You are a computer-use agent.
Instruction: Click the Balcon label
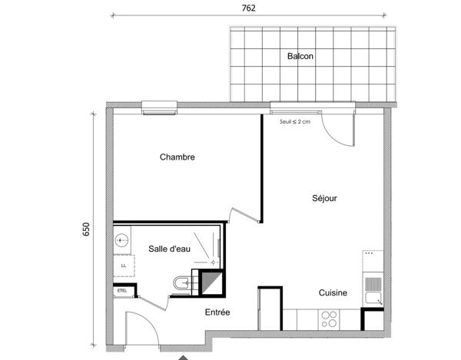coord(300,56)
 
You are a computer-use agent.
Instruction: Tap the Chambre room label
coord(177,157)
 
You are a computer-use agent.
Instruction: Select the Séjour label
coord(324,198)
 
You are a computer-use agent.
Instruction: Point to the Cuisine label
coord(333,292)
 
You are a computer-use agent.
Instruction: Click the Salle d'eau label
coord(169,249)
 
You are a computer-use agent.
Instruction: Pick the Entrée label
coord(217,312)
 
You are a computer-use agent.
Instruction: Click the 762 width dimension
coord(248,8)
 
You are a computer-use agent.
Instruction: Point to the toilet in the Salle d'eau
coord(181,285)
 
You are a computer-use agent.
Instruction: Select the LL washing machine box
coord(123,266)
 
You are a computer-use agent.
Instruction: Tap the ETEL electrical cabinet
coord(122,291)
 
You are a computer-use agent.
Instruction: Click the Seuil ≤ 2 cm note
coord(296,121)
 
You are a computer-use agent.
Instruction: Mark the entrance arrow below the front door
coord(183,356)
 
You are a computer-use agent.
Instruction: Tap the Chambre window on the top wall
coord(160,107)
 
